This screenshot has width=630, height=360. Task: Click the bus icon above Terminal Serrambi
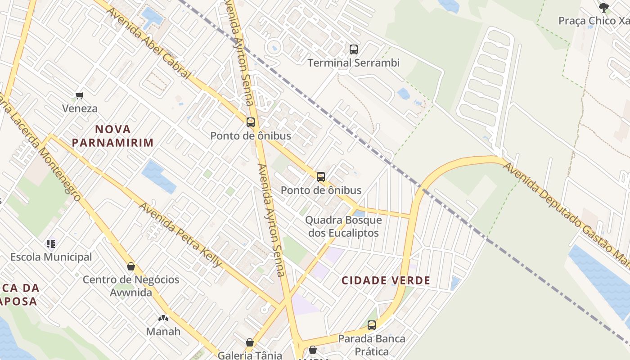coord(354,49)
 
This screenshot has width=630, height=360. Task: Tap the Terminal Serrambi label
coord(354,63)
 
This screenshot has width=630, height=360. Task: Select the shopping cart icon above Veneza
coord(80,95)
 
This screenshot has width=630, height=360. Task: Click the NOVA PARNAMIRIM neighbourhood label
coord(113,136)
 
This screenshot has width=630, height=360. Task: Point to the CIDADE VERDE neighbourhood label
coord(386,281)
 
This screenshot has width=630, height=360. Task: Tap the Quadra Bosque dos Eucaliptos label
coord(343,227)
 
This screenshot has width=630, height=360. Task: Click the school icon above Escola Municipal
coord(51,244)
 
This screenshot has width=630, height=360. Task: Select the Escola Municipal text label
coord(51,257)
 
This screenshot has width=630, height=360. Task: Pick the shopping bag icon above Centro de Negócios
coord(131,266)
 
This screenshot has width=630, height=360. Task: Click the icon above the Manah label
coord(163,318)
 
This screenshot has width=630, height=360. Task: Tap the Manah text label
coord(163,332)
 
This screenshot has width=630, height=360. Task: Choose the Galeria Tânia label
coord(250,355)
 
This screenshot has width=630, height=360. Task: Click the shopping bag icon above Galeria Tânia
coord(250,342)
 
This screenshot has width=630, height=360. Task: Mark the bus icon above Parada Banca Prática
coord(372,325)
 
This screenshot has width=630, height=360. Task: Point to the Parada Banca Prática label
coord(372,344)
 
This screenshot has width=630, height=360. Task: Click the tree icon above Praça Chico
coord(603,7)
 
